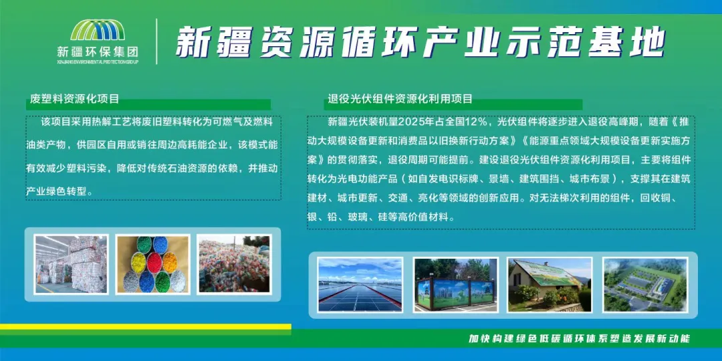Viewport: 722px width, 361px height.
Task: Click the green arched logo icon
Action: click(98, 29)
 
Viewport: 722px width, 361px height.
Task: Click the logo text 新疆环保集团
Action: click(98, 51)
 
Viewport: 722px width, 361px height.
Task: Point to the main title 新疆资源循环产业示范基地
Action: click(420, 42)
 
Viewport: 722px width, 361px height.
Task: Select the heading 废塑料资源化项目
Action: click(75, 98)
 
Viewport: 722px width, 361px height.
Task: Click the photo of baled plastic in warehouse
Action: click(72, 264)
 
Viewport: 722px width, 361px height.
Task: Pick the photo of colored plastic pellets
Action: click(152, 264)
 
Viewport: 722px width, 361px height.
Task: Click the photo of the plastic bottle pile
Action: click(234, 264)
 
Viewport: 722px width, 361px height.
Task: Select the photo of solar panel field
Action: click(360, 285)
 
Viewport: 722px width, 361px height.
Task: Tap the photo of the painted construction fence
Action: click(455, 285)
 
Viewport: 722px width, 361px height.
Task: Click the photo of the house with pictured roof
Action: click(550, 285)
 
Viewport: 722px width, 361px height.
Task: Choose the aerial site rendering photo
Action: click(645, 285)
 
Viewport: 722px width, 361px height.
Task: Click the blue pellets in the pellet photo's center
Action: click(153, 263)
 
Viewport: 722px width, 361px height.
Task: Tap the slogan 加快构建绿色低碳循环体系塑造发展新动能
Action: click(579, 339)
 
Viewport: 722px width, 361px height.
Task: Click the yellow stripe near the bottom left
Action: click(146, 326)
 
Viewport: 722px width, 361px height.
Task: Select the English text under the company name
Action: click(98, 62)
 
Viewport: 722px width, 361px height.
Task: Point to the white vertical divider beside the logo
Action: click(156, 41)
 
